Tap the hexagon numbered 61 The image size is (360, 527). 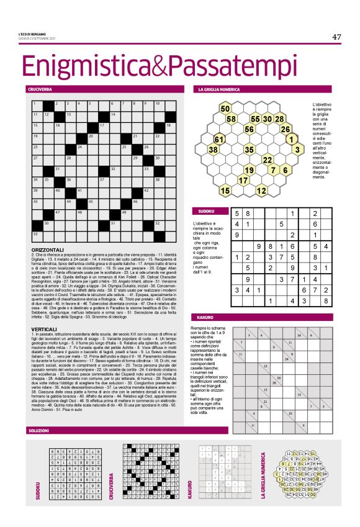[218, 138]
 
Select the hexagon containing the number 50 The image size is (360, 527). [225, 109]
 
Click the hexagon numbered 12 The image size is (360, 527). [261, 190]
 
